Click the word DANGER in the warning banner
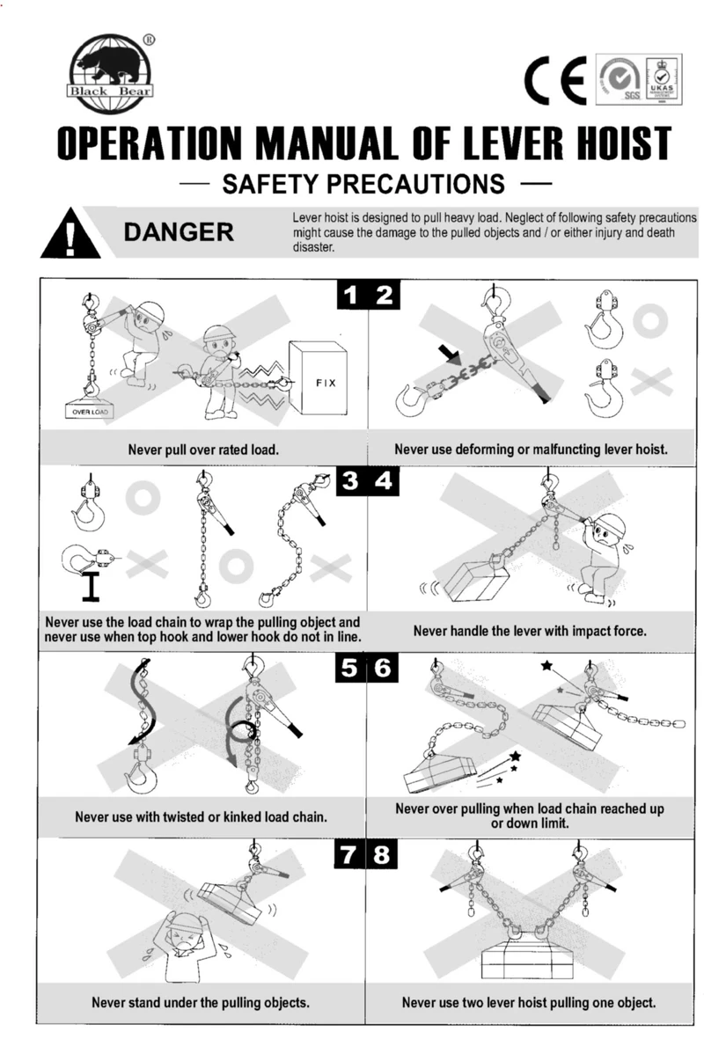pos(179,232)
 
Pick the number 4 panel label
pos(385,483)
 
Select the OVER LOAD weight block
pos(87,410)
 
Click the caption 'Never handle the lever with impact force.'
pos(530,631)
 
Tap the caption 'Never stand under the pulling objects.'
pos(201,1002)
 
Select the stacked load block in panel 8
pos(527,960)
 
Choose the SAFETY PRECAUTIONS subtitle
pos(363,185)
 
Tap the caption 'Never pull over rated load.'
pos(203,450)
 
